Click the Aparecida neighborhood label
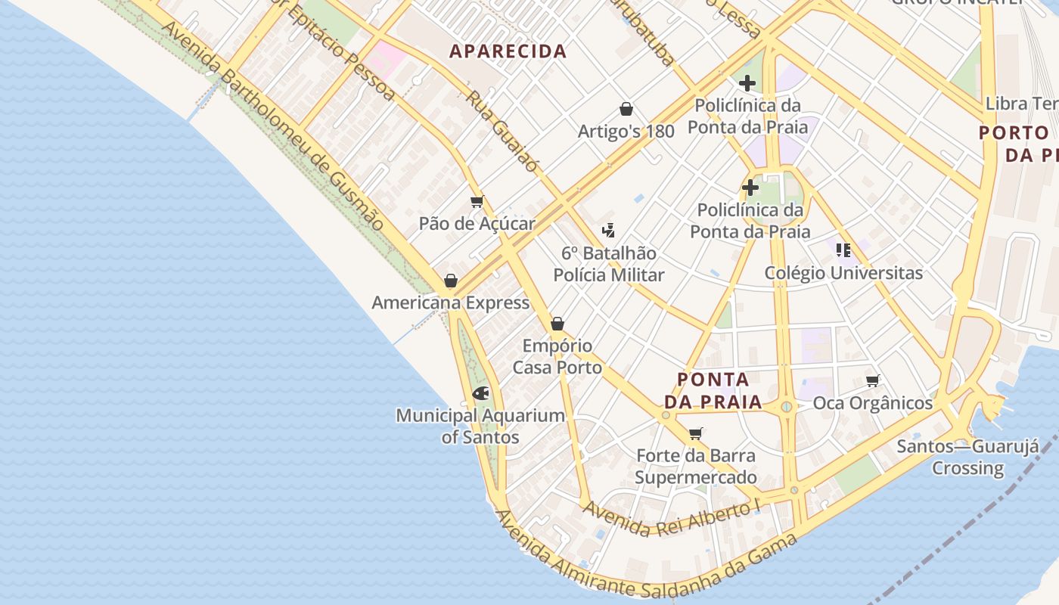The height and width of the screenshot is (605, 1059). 508,51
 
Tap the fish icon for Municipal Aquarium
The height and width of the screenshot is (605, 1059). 480,393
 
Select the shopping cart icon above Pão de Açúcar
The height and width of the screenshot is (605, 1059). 477,202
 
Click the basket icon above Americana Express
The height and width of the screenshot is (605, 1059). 451,281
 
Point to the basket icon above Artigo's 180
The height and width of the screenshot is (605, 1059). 626,110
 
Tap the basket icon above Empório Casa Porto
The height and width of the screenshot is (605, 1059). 557,324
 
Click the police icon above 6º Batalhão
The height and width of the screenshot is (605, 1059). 608,231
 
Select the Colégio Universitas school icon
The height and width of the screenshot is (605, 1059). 843,250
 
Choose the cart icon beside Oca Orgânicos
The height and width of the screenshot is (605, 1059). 873,380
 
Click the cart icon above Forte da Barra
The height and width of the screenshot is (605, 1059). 696,434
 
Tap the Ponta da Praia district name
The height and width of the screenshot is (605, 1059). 713,390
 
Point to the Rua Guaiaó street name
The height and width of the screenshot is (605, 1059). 502,132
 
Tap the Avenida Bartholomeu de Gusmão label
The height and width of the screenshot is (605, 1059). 272,125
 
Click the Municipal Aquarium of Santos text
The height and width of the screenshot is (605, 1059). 480,426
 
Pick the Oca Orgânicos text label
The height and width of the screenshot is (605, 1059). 873,403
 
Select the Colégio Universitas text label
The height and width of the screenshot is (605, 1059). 843,272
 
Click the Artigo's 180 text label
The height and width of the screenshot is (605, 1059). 626,132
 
